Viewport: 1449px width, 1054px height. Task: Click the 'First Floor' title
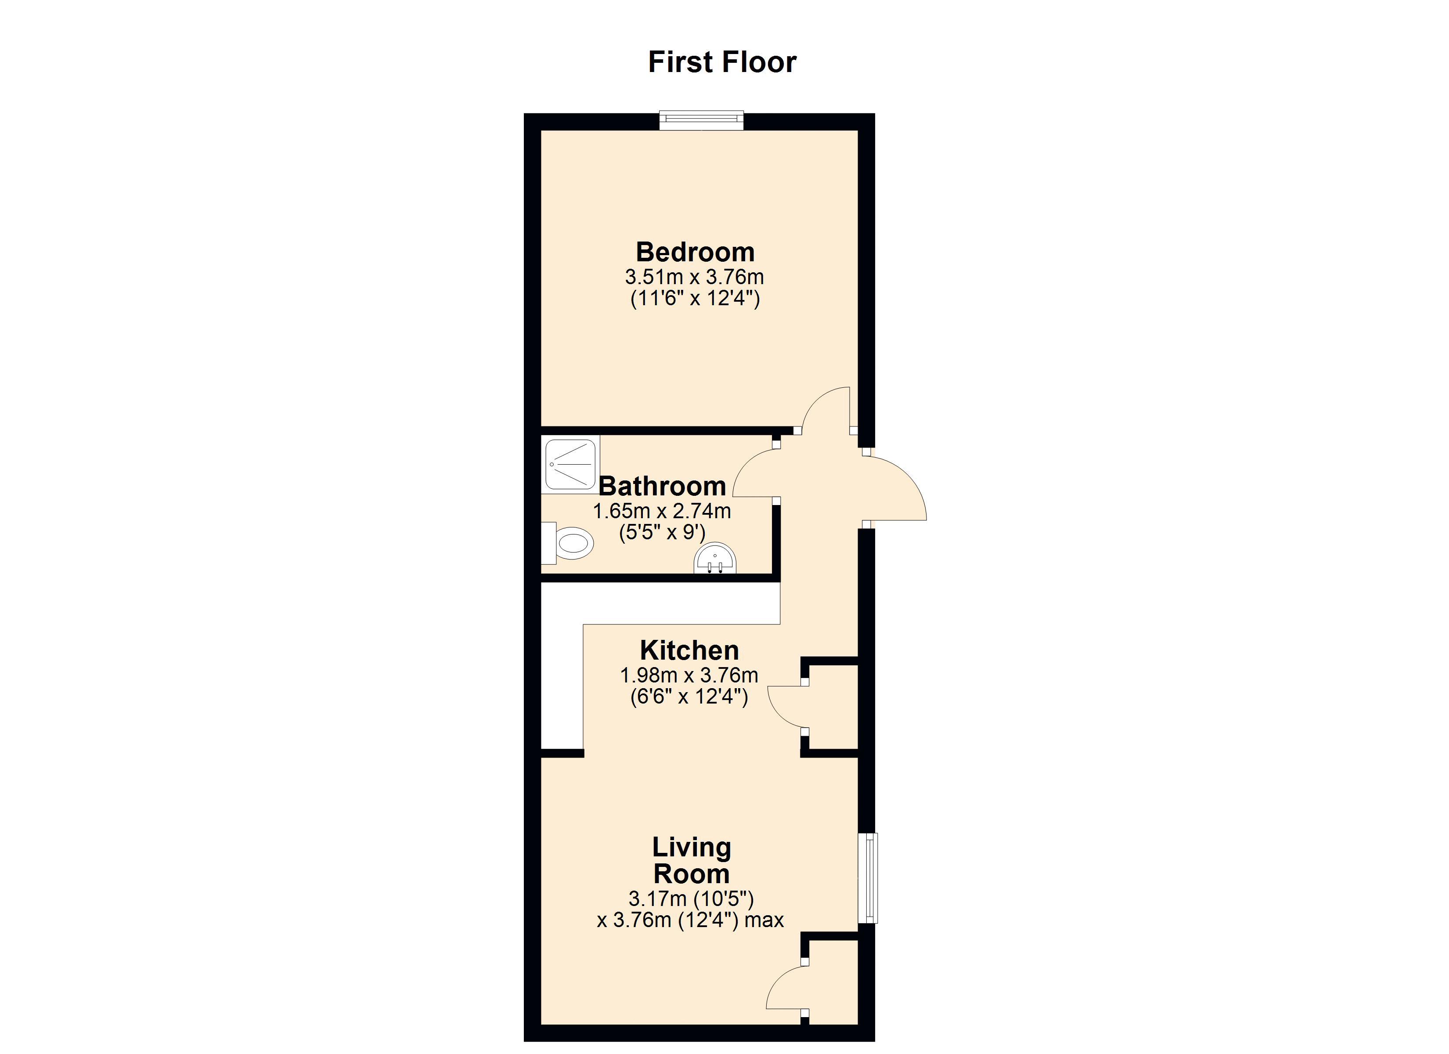(722, 62)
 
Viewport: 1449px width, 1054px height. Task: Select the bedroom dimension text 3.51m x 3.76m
(695, 278)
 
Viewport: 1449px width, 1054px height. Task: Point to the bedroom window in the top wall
(702, 120)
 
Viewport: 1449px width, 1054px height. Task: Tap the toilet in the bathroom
(568, 543)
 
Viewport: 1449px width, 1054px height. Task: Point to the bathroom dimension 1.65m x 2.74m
(662, 511)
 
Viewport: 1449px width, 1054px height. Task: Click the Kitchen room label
(689, 651)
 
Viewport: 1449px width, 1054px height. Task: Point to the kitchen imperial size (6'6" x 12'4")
(689, 696)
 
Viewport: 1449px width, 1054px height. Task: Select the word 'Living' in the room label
(691, 848)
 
